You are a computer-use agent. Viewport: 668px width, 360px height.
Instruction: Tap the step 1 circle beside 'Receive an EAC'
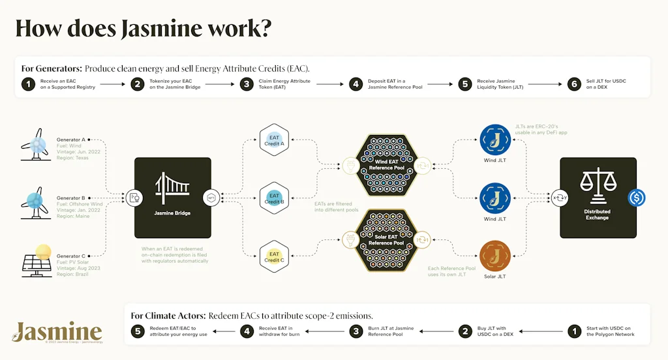(x=28, y=84)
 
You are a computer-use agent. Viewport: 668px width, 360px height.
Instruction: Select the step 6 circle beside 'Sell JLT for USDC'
(x=574, y=84)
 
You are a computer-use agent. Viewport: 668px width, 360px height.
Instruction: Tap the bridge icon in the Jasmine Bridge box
(x=173, y=190)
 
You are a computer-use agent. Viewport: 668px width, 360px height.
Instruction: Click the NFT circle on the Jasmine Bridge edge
(x=211, y=197)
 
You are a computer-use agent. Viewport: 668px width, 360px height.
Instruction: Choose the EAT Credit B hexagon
(x=274, y=198)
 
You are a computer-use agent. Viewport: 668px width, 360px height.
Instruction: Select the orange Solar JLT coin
(x=494, y=255)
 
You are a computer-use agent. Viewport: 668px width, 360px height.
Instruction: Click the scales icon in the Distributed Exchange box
(x=598, y=188)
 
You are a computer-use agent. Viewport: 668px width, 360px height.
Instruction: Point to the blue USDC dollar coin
(x=636, y=198)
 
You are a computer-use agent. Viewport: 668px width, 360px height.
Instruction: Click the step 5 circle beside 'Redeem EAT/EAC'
(x=138, y=331)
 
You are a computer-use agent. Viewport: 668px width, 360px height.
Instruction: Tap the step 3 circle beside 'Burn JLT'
(x=356, y=331)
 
